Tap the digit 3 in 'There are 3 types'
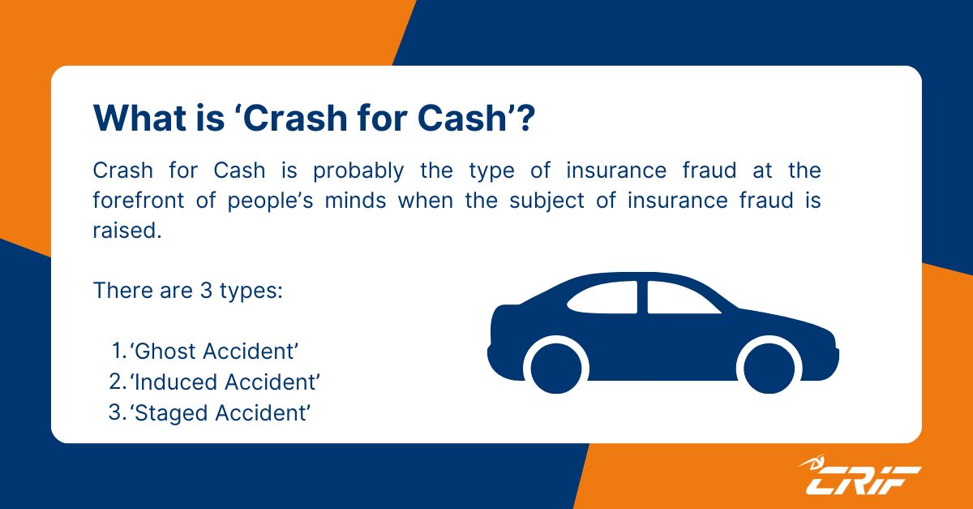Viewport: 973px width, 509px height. [207, 290]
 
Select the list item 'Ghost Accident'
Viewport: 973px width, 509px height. [215, 352]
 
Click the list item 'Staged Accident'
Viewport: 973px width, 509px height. [221, 412]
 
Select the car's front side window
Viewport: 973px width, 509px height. [679, 299]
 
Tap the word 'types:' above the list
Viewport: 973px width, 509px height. [252, 290]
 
